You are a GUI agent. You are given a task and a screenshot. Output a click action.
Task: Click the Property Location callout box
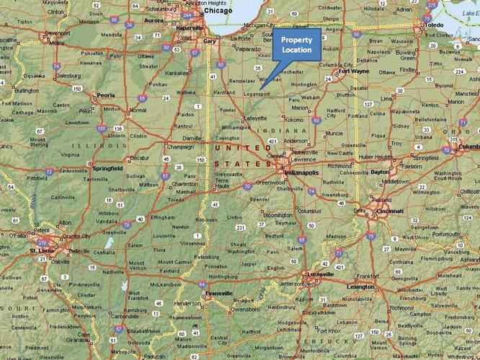tap(296, 45)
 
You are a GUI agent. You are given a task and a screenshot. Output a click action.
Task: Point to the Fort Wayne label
tap(354, 72)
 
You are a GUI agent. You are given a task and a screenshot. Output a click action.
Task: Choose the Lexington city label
tap(360, 286)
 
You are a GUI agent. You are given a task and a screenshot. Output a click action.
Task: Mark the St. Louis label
tap(43, 250)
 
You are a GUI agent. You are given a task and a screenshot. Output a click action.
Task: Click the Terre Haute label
tap(225, 185)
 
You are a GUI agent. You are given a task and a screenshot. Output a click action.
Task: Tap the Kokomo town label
tap(294, 119)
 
